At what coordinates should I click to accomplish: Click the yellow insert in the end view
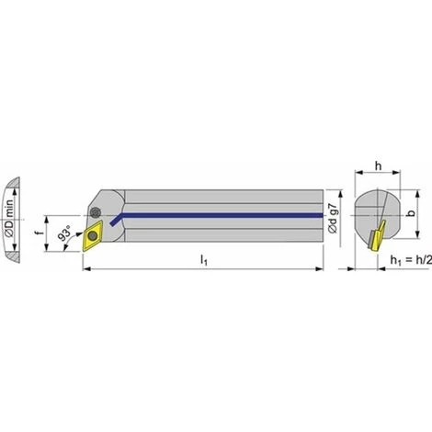(372, 238)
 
